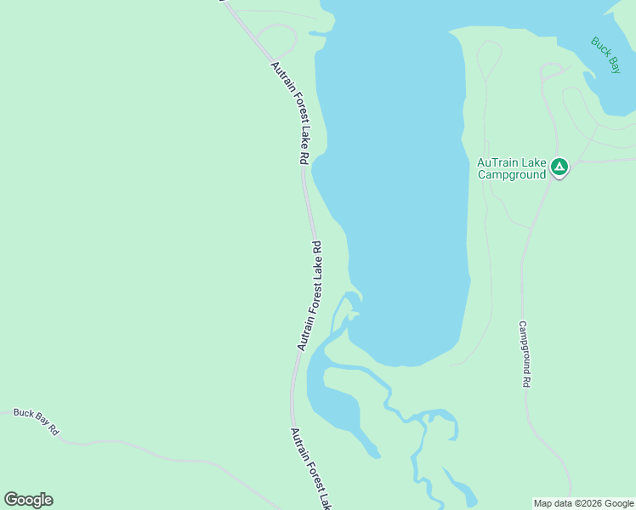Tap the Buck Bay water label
[x=605, y=55]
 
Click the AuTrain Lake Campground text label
[x=510, y=168]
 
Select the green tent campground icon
[x=559, y=167]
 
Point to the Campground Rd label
[x=525, y=354]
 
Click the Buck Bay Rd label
[x=36, y=421]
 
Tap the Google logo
[x=28, y=500]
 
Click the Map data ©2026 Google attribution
[x=583, y=503]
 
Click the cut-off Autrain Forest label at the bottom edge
[x=310, y=467]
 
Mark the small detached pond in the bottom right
[x=464, y=492]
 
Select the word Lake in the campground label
[x=536, y=162]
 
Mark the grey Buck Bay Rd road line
[x=128, y=446]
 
